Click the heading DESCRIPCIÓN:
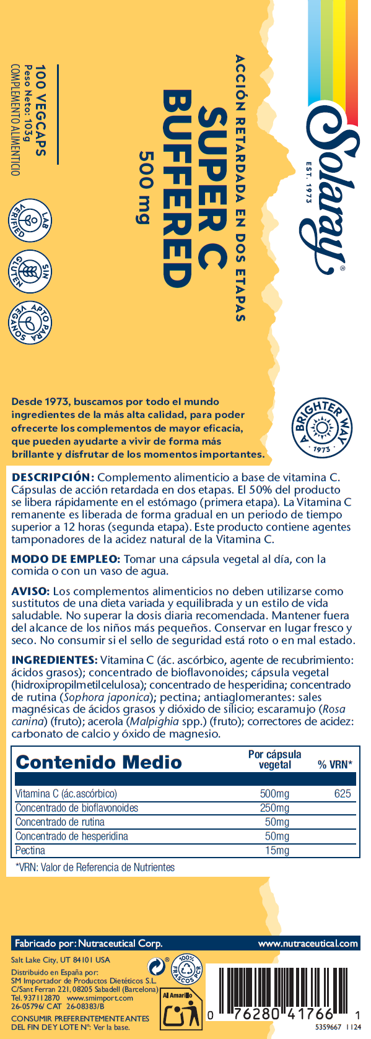(53, 477)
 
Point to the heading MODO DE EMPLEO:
(66, 559)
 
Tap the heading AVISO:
(31, 591)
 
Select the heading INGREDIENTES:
(55, 660)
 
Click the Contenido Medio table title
(98, 762)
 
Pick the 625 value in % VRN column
(342, 794)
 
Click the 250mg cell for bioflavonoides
(274, 808)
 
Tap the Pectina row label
(30, 850)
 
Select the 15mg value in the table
(277, 850)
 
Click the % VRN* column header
(334, 765)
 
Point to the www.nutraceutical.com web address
(308, 944)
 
